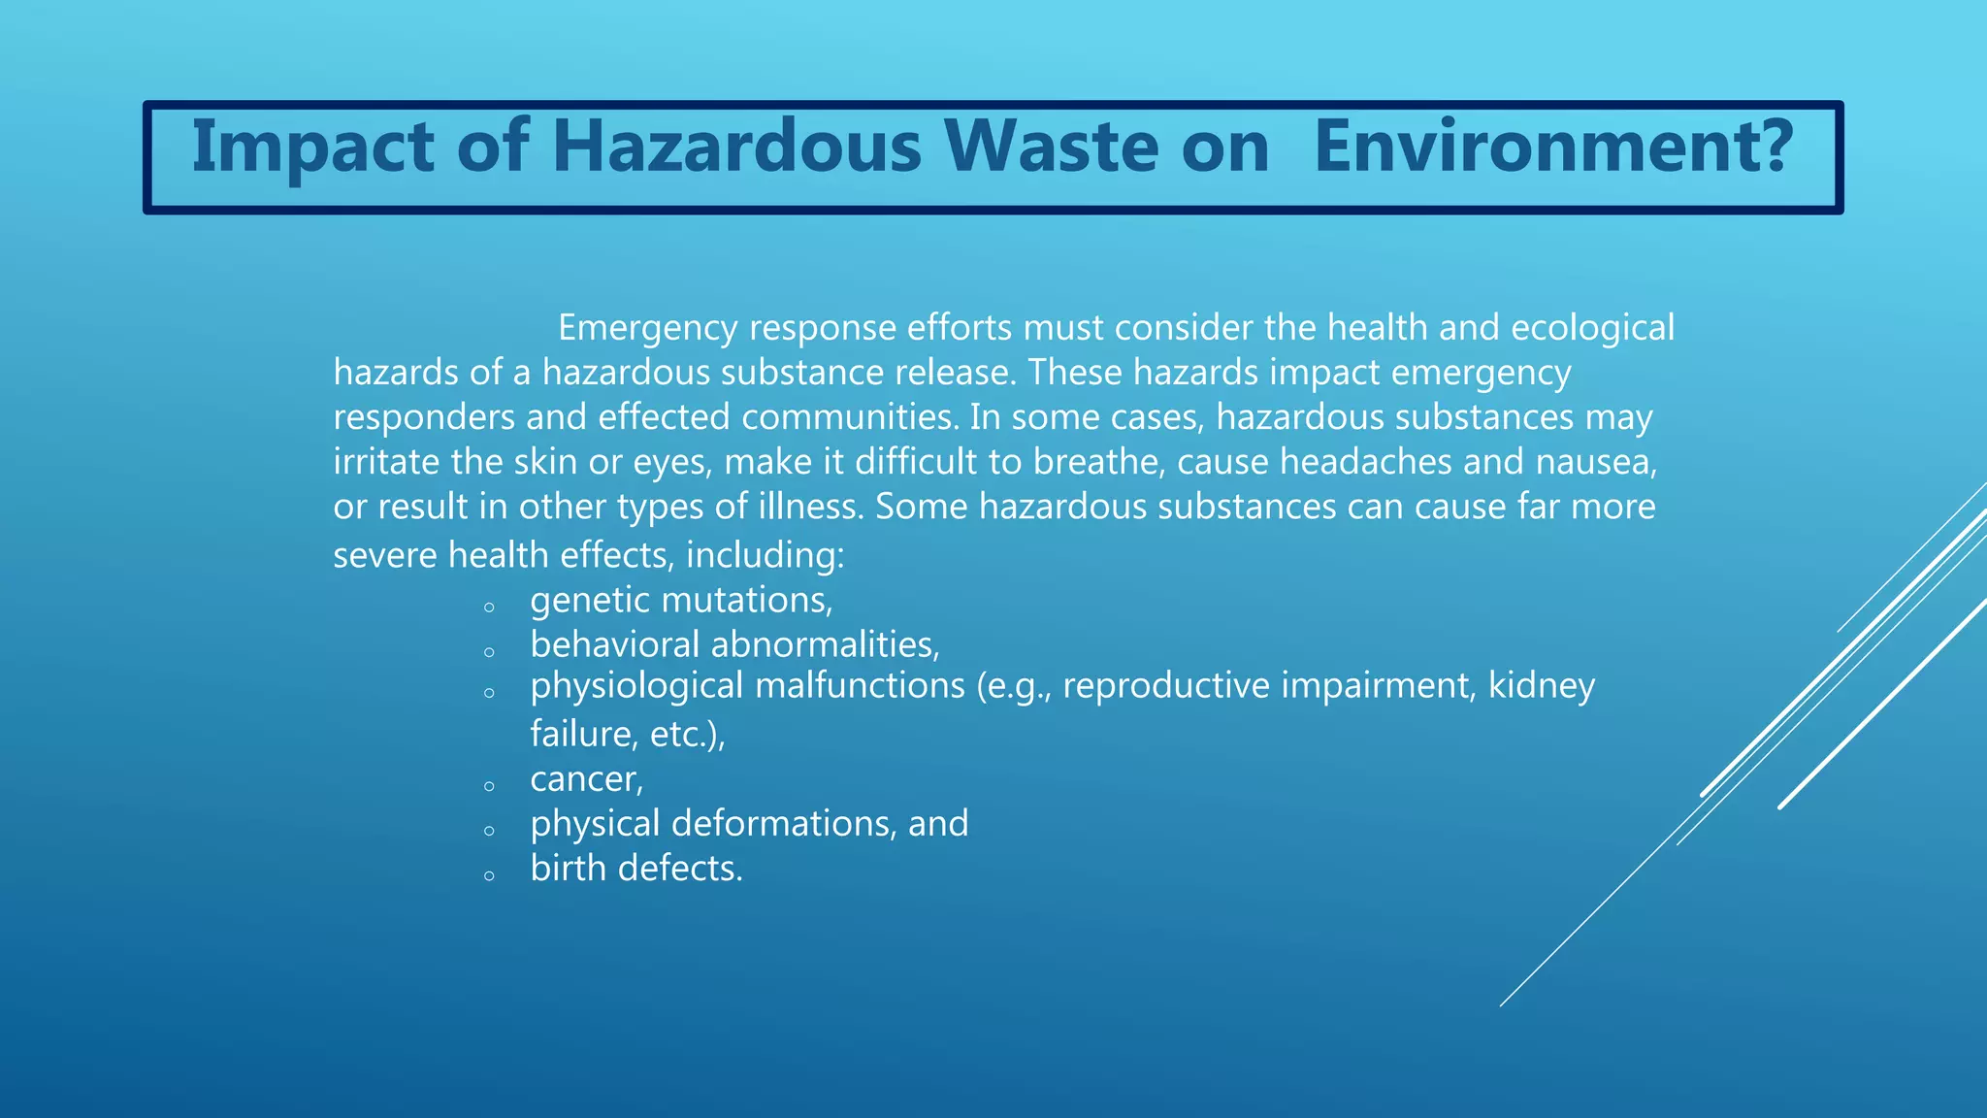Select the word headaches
1366,462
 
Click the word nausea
1596,462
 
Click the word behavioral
614,644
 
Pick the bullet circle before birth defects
489,875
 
